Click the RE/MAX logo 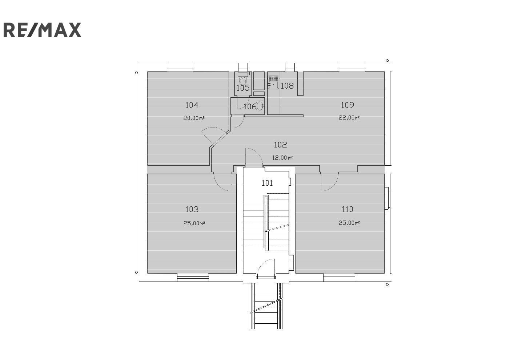point(42,30)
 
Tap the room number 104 point(192,105)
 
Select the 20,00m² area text point(194,118)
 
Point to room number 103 point(192,210)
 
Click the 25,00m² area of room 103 point(194,223)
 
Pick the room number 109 point(347,105)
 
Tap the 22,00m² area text point(349,118)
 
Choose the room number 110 point(347,210)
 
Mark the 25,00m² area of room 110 point(349,223)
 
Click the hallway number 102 point(280,145)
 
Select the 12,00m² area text point(283,158)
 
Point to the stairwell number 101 point(267,183)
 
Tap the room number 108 point(287,86)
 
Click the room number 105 point(243,88)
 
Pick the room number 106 point(250,107)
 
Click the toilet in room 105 point(243,80)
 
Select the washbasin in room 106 point(260,106)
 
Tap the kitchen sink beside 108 point(273,82)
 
